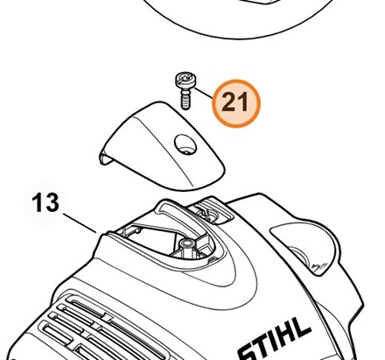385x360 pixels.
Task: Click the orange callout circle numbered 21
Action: click(x=236, y=103)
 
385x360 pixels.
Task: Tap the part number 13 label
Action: click(x=45, y=202)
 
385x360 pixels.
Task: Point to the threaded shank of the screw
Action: click(x=185, y=100)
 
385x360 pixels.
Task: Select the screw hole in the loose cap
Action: click(x=185, y=145)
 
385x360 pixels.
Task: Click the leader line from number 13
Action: click(x=80, y=223)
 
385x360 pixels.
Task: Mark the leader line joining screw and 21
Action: click(x=204, y=93)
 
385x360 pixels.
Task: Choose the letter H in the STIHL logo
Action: click(x=288, y=332)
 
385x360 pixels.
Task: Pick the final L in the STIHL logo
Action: click(x=302, y=327)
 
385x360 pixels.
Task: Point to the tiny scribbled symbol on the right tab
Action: click(x=319, y=265)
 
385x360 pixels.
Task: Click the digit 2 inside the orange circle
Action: click(x=229, y=102)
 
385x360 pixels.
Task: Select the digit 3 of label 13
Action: click(x=52, y=202)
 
